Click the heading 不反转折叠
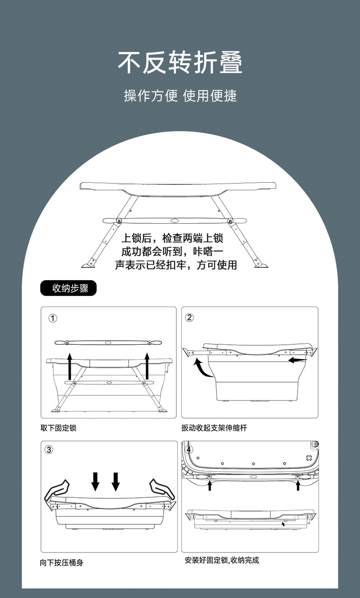[x=180, y=63]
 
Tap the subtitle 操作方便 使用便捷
[x=180, y=96]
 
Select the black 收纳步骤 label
[x=69, y=288]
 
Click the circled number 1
[x=53, y=318]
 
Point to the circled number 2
[x=190, y=318]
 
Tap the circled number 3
[x=49, y=450]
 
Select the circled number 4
[x=190, y=450]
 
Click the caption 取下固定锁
[x=58, y=428]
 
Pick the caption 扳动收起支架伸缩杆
[x=214, y=428]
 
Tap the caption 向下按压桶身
[x=62, y=563]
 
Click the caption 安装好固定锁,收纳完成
[x=222, y=560]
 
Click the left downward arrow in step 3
[x=95, y=481]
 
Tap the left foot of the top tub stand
[x=87, y=265]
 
